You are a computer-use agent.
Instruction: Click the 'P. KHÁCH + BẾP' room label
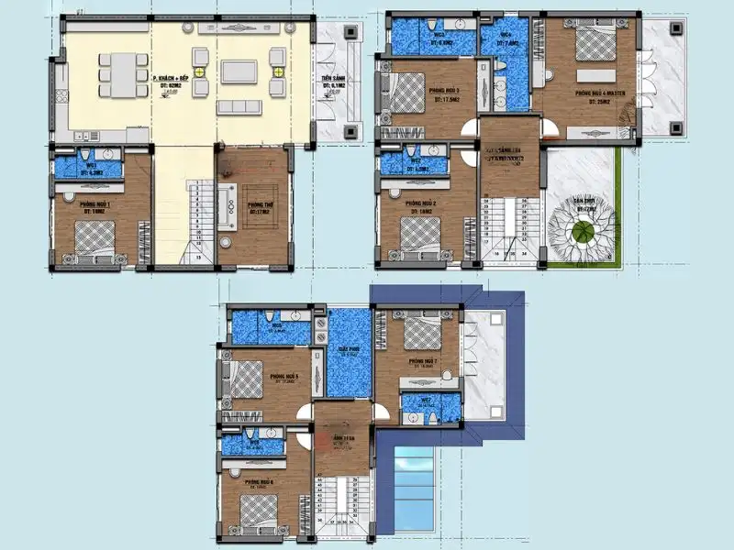click(172, 79)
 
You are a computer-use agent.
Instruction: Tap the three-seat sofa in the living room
click(241, 107)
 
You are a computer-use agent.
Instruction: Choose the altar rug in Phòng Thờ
click(253, 197)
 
